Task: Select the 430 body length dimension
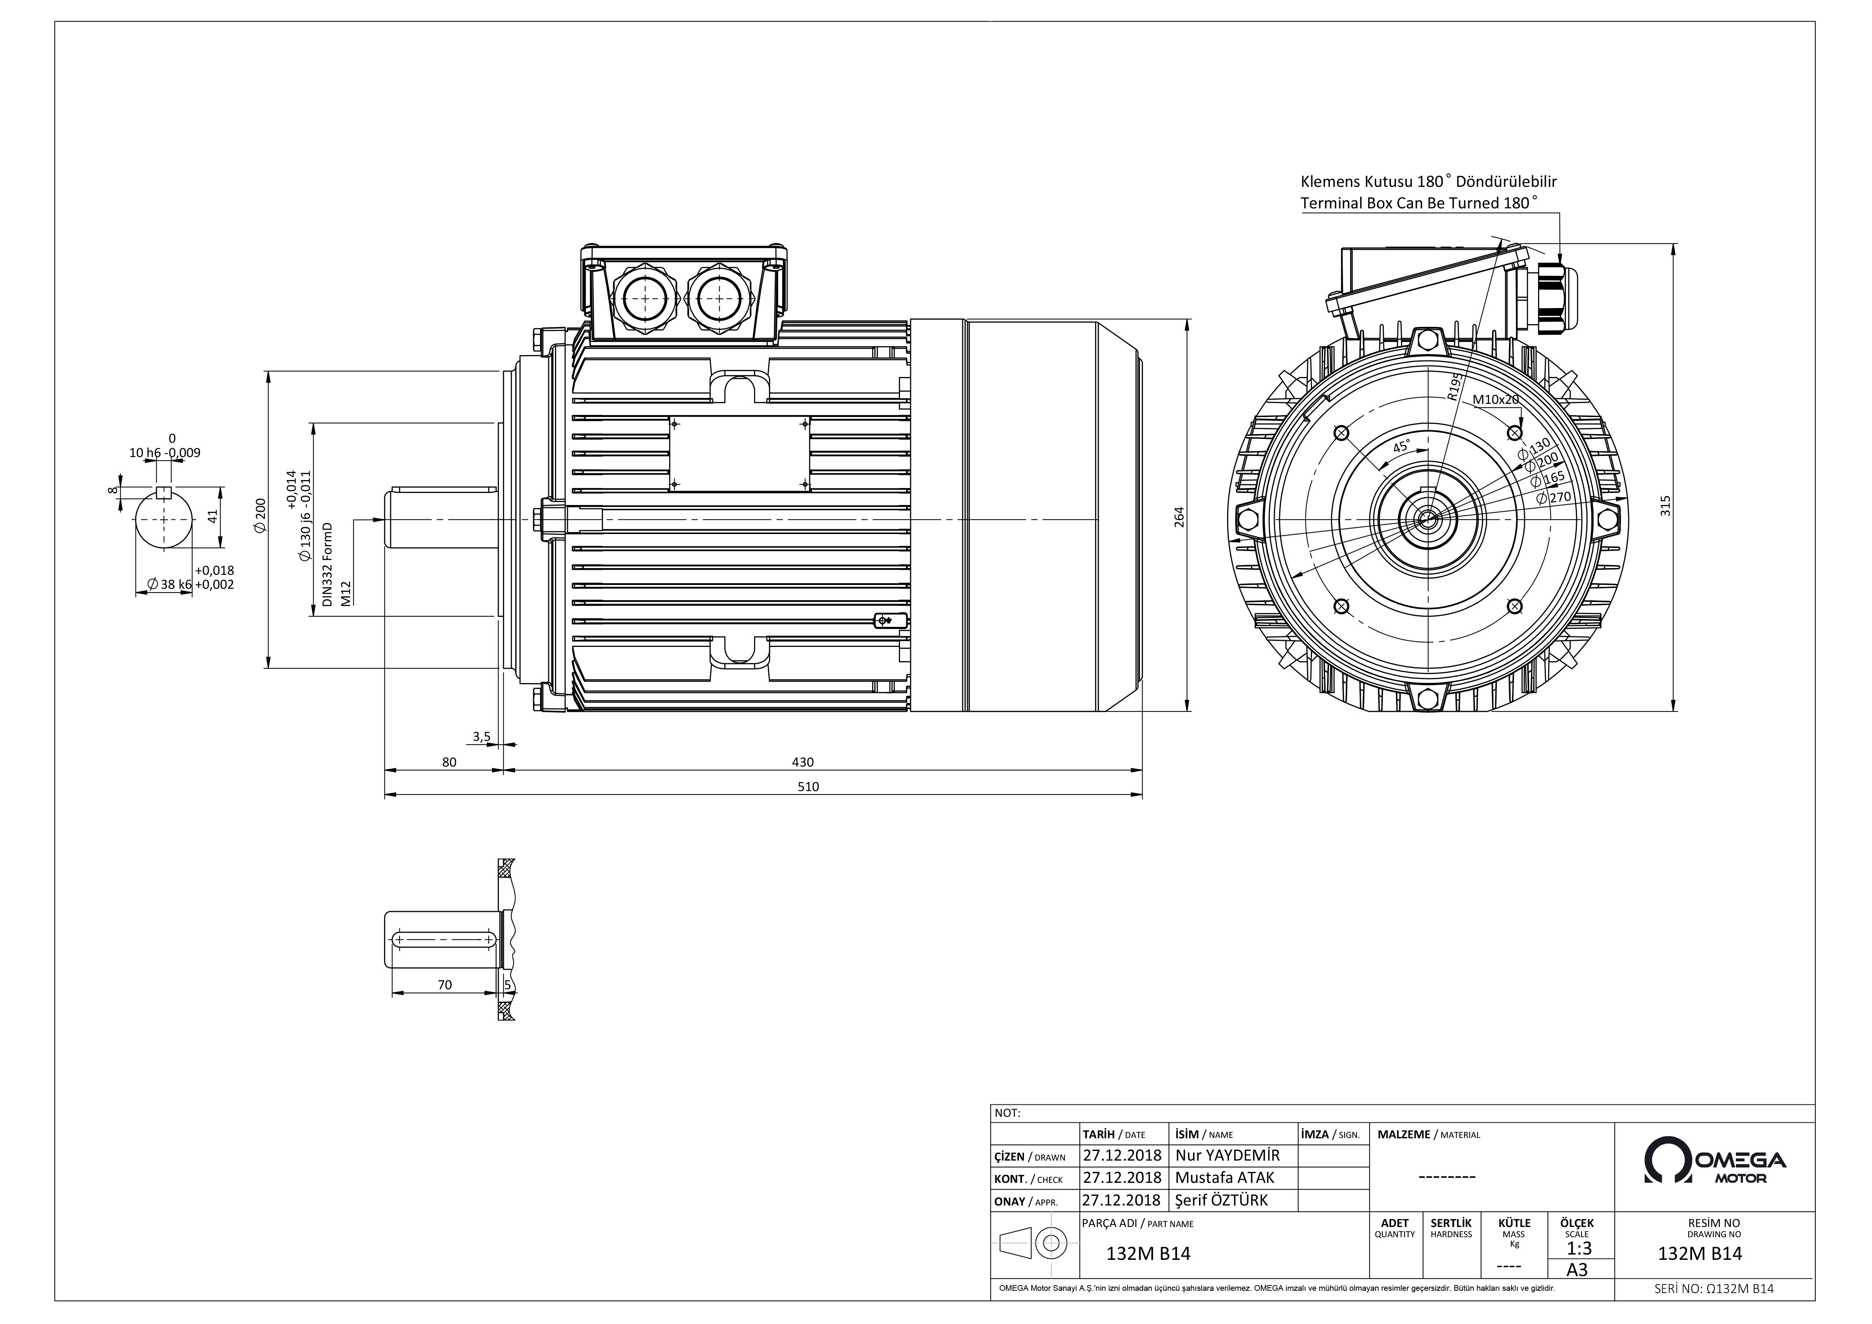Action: [803, 762]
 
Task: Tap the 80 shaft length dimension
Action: [449, 762]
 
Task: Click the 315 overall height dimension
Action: [1666, 505]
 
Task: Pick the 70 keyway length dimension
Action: [445, 985]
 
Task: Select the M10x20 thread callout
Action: [1496, 399]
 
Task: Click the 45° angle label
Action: [1401, 447]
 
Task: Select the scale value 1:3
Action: [1579, 1248]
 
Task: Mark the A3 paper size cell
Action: [1578, 1269]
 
